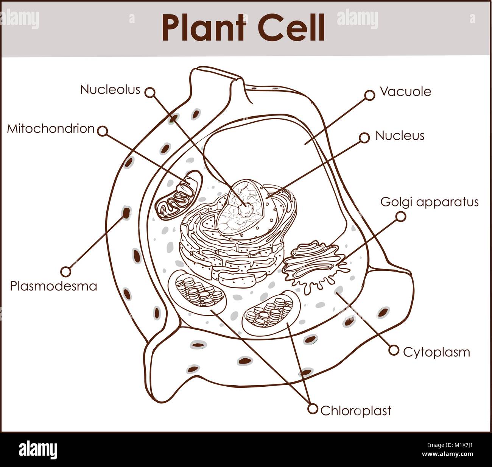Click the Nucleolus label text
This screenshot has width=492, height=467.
(110, 90)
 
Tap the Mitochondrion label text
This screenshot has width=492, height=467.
(51, 129)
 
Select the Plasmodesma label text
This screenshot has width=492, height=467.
(53, 286)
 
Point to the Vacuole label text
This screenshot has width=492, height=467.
(405, 92)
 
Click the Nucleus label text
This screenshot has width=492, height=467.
(400, 136)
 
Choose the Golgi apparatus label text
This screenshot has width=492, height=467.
(429, 202)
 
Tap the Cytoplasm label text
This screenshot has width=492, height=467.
(436, 352)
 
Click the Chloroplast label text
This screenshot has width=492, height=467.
(355, 411)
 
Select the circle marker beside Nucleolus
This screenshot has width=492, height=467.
(150, 92)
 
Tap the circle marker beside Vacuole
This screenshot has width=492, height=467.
(369, 95)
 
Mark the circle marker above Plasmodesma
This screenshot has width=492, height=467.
(66, 271)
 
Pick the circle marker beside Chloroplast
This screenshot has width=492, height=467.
(313, 409)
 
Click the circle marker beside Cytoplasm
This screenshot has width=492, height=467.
(394, 350)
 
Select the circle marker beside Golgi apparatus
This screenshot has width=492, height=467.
(400, 216)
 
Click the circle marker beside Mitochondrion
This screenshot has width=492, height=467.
(102, 131)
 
